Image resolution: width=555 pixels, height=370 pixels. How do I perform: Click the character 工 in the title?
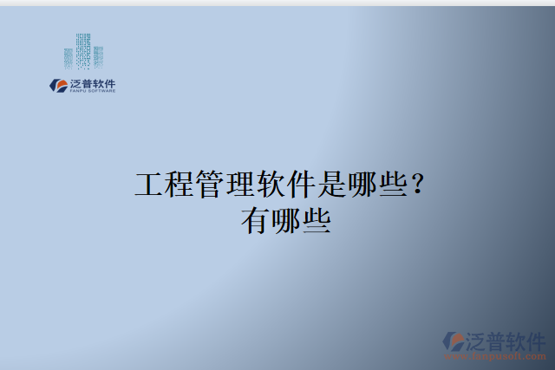[151, 185]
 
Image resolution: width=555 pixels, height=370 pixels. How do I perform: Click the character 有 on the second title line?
[256, 222]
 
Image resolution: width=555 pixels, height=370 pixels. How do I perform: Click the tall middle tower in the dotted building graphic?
[83, 50]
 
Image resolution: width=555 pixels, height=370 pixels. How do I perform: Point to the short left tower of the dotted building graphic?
[69, 57]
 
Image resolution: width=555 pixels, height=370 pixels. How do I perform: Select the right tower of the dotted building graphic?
[98, 56]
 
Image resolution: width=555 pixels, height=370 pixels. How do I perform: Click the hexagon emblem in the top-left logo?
[59, 85]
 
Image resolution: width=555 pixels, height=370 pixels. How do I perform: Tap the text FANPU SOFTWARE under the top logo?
[92, 91]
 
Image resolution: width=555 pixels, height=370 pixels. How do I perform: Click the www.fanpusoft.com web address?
[495, 355]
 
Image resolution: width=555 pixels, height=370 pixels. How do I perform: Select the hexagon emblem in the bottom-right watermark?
[453, 341]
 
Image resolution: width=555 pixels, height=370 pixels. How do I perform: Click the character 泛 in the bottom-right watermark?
[478, 339]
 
